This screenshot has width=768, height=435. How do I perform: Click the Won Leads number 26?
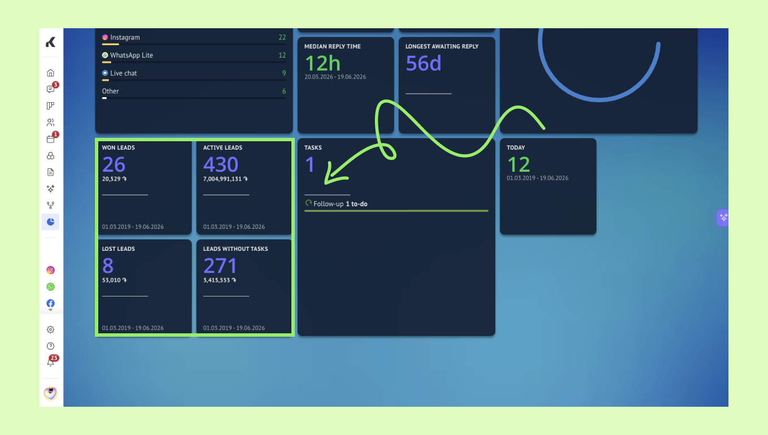114,164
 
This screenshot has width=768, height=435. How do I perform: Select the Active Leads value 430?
220,164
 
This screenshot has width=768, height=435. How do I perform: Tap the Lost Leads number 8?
108,266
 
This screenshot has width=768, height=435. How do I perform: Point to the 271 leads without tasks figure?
220,266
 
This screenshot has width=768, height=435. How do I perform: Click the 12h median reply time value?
322,63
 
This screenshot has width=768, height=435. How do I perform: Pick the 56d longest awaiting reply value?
423,63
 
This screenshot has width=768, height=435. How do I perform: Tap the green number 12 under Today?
518,164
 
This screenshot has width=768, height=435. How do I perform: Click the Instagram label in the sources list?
125,37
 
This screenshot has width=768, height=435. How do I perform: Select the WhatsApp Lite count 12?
282,55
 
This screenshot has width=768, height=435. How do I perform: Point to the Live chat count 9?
284,73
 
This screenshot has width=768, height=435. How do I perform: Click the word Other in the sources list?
110,92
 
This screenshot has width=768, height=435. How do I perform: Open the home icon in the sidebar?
50,73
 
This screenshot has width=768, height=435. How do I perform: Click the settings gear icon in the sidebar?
50,329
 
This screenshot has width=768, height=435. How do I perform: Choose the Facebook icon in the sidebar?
50,303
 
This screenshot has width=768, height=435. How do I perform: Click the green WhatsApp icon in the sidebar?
50,287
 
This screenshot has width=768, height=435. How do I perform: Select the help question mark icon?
50,346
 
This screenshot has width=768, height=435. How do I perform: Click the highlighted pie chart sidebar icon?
50,222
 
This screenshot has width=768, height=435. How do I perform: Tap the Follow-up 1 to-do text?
340,204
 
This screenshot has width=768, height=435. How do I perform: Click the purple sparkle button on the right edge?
723,217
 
